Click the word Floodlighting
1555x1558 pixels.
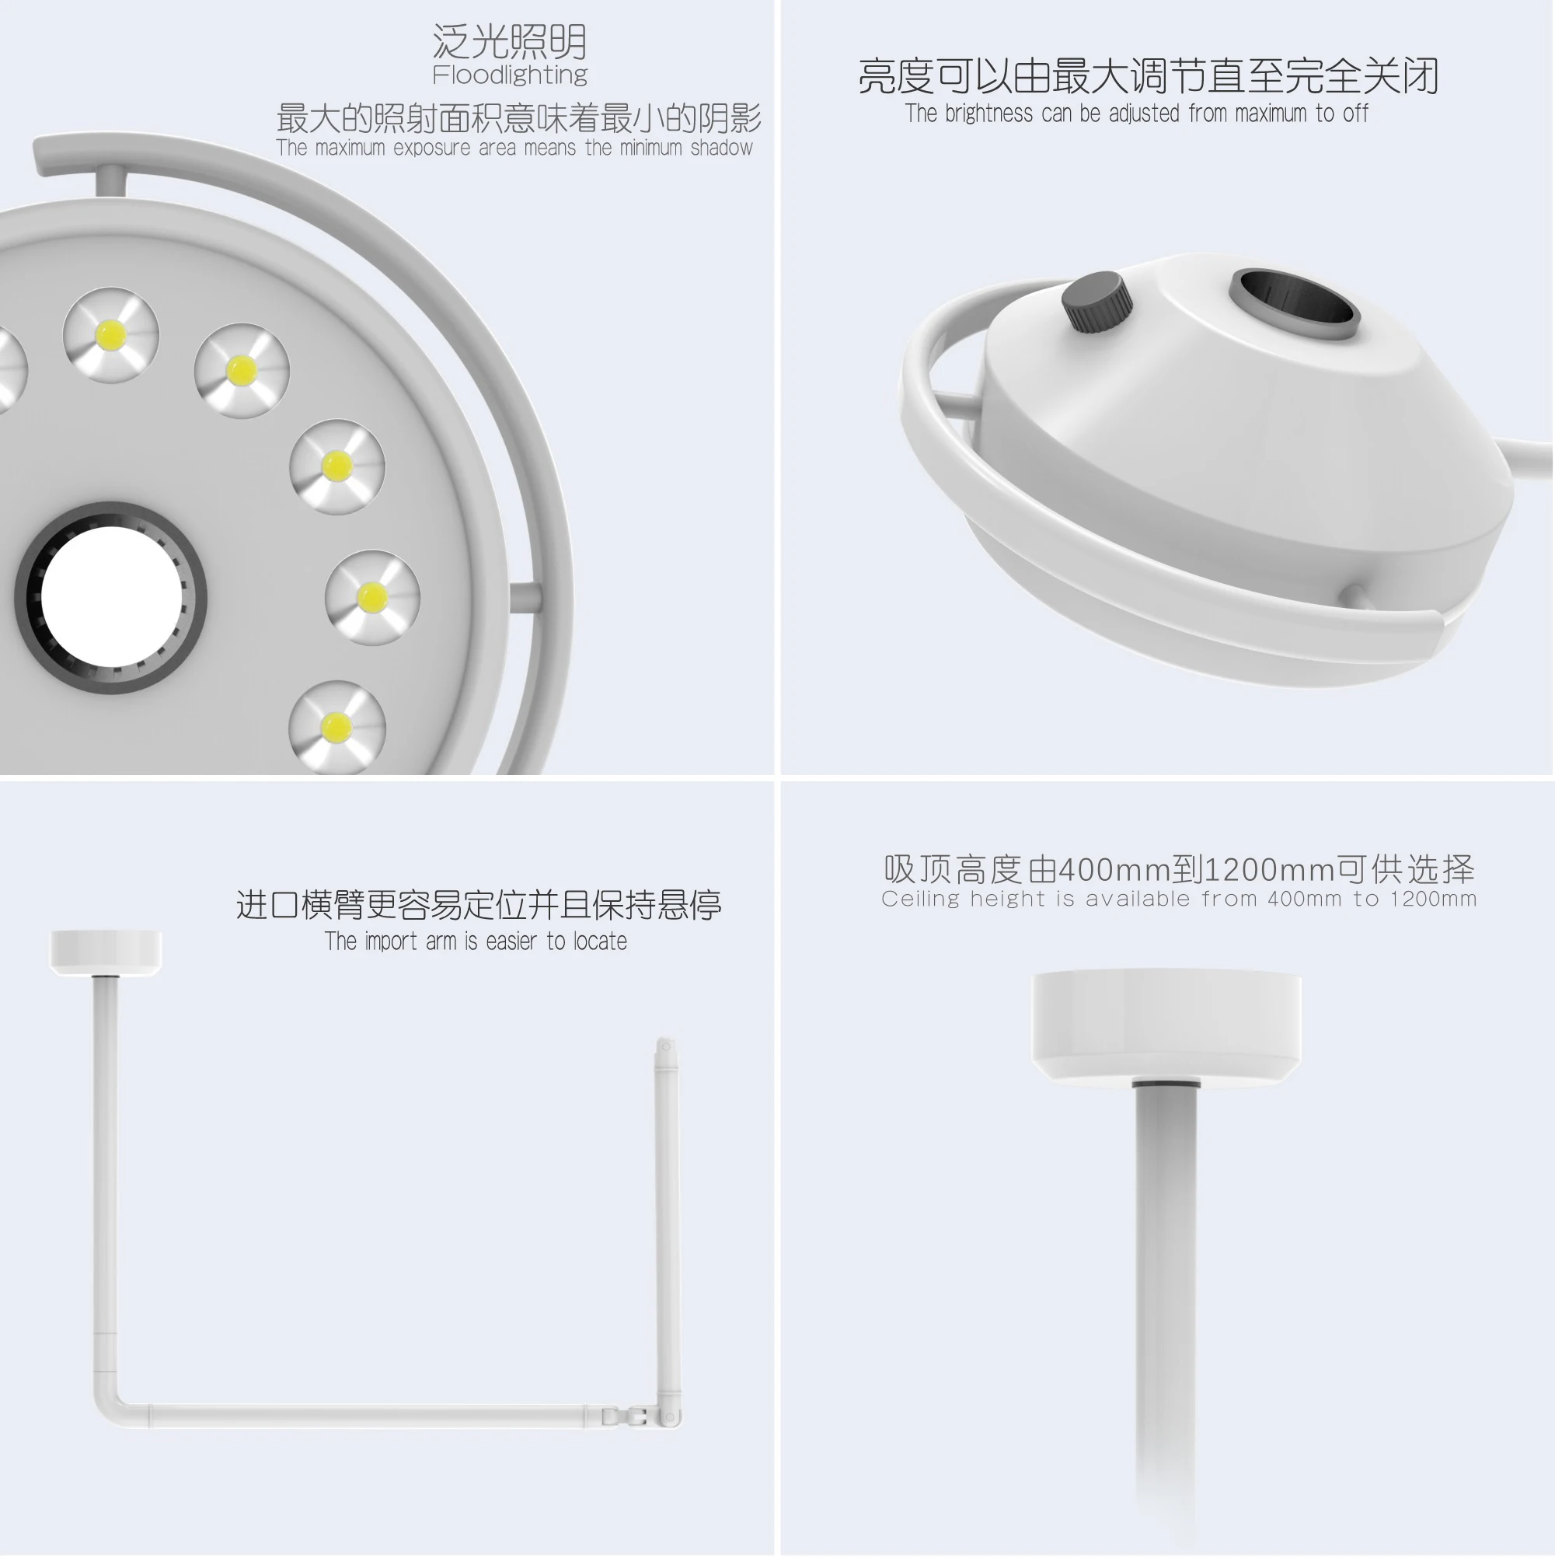click(510, 75)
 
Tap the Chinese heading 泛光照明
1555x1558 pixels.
click(510, 41)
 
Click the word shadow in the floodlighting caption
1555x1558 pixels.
click(720, 148)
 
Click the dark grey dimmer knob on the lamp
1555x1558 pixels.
click(1097, 301)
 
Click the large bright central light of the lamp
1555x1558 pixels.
click(111, 598)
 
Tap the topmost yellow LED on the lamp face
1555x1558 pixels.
click(110, 334)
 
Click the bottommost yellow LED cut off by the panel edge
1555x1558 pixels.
click(336, 728)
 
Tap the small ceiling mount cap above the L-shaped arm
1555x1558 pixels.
click(106, 952)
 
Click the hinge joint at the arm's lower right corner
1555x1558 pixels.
click(636, 1416)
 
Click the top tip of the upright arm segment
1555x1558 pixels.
click(666, 1046)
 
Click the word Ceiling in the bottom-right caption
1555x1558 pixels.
click(920, 899)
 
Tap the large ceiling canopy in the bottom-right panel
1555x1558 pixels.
click(1166, 1024)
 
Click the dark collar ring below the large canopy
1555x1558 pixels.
click(1166, 1083)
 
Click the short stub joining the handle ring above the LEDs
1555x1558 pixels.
click(110, 180)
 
